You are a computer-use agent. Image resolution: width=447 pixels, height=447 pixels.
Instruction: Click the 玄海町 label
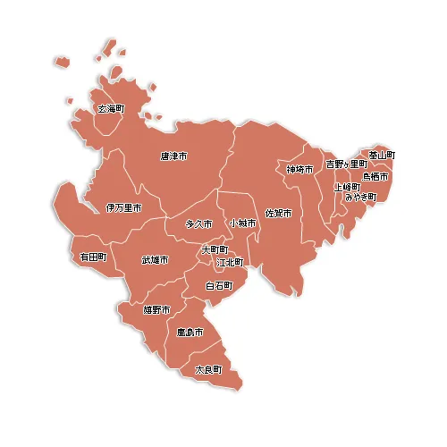click(x=111, y=109)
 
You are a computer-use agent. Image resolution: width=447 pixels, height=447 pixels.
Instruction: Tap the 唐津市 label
click(x=173, y=156)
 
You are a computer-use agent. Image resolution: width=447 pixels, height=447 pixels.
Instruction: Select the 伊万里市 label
click(x=123, y=207)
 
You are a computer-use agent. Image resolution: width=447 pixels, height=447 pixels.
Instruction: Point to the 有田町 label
click(x=93, y=257)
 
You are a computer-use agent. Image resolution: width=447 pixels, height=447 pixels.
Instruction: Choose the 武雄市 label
click(x=155, y=260)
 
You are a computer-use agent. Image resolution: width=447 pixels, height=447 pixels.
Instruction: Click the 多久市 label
click(x=198, y=223)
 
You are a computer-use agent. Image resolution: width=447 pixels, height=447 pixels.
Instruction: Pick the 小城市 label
click(x=242, y=223)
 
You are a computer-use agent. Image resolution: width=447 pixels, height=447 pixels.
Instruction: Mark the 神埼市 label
click(x=300, y=169)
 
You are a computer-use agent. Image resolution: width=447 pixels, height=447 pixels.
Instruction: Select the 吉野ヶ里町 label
click(x=346, y=164)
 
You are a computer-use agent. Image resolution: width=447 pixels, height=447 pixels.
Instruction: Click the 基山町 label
click(x=382, y=155)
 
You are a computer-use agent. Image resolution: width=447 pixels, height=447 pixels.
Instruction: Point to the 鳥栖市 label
click(x=375, y=176)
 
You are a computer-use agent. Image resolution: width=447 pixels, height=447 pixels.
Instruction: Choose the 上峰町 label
click(x=347, y=187)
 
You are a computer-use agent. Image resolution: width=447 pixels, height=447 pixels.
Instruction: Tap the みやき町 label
click(x=361, y=197)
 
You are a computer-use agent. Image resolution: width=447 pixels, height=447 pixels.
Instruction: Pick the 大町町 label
click(x=215, y=249)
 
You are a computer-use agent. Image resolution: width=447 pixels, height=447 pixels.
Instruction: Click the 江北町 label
click(x=230, y=262)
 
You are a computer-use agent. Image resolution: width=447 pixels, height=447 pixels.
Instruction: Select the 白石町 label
click(x=219, y=286)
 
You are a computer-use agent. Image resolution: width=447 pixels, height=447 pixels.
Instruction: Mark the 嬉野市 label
click(x=156, y=309)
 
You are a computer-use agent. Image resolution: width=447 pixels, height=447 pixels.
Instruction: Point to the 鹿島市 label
click(x=190, y=333)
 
